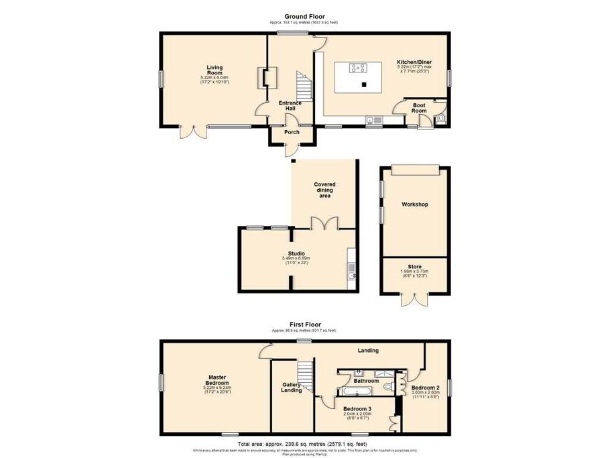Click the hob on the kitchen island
[x=357, y=67]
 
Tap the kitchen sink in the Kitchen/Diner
[x=373, y=120]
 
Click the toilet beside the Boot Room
[x=440, y=119]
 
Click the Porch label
[x=292, y=132]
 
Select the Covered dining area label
[x=324, y=190]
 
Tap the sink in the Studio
[x=351, y=275]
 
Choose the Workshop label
[x=414, y=204]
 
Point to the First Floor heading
[x=304, y=323]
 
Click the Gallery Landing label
[x=291, y=387]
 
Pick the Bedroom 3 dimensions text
[x=357, y=416]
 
